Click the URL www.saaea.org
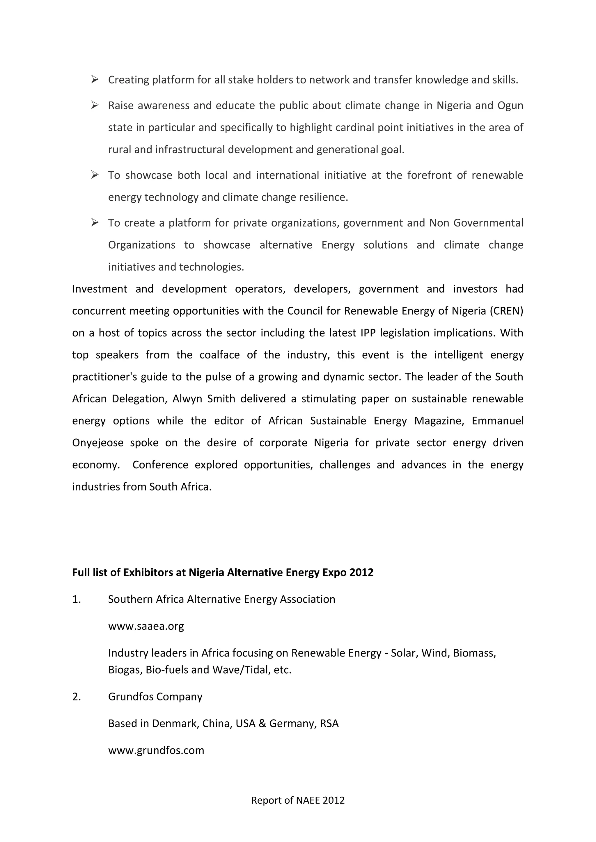click(146, 626)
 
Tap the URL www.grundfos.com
click(156, 750)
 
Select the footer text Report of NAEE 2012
click(298, 800)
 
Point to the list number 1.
click(76, 599)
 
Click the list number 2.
click(76, 697)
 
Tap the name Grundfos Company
click(155, 697)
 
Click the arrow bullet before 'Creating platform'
click(95, 79)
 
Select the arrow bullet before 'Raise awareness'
click(95, 105)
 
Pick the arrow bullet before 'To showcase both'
click(95, 175)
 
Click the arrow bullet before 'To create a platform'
click(95, 223)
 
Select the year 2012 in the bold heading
click(361, 572)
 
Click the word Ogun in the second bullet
click(510, 106)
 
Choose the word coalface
click(219, 355)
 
